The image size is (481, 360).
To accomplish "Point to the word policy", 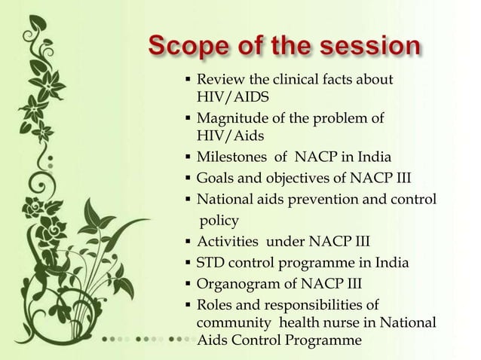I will tap(219, 220).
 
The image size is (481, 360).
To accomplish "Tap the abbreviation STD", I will tap(211, 263).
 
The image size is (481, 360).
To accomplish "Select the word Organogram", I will tap(234, 284).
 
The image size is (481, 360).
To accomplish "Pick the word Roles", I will tap(213, 305).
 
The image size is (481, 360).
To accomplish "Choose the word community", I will tap(231, 322).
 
